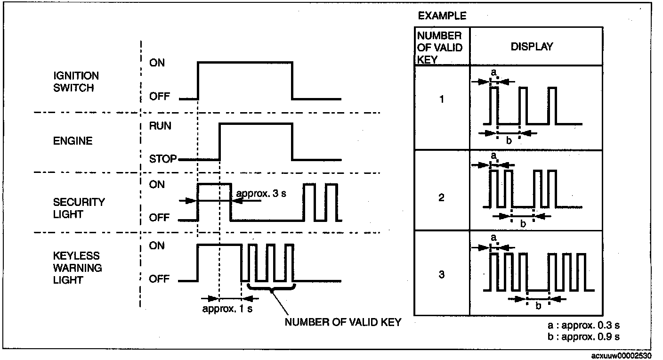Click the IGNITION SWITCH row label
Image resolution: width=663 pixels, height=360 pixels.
[75, 82]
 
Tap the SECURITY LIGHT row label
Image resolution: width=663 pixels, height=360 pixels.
[79, 208]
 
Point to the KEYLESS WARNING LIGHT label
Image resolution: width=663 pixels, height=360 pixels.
[78, 267]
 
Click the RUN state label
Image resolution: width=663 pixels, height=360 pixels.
[160, 126]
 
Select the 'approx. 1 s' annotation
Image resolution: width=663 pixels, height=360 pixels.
[227, 309]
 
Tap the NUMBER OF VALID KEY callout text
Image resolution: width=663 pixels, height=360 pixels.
[343, 322]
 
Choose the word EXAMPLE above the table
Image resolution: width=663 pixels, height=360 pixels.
[442, 16]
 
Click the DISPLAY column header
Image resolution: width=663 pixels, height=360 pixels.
[532, 47]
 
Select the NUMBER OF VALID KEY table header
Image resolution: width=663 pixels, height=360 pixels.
[440, 47]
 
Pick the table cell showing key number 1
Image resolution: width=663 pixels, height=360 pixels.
[441, 100]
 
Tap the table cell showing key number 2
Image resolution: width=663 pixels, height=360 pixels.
[441, 197]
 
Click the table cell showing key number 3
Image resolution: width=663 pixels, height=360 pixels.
[441, 274]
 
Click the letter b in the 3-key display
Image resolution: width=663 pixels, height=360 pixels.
[538, 305]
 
